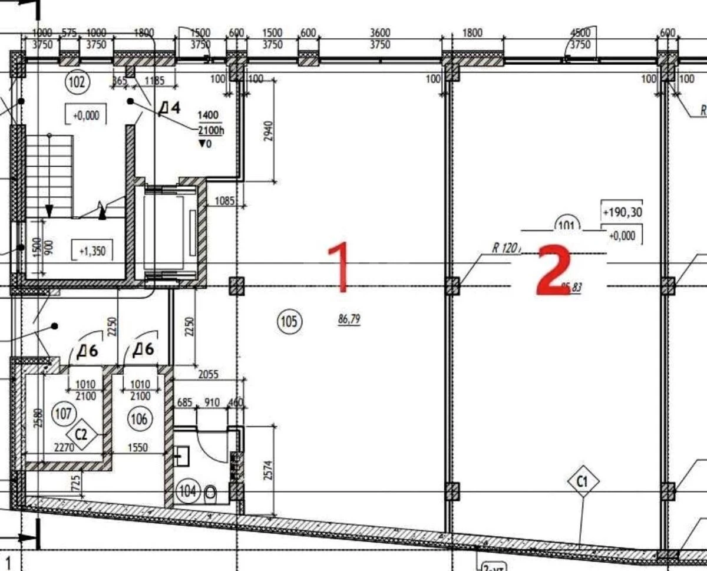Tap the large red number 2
(x=553, y=270)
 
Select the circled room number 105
(x=289, y=321)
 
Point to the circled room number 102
(x=77, y=82)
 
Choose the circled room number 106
(x=139, y=418)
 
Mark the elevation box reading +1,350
(x=91, y=250)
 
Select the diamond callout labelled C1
(x=583, y=482)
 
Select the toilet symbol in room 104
(x=209, y=493)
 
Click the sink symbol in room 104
(x=181, y=454)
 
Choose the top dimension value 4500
(x=581, y=33)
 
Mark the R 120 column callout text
(x=505, y=248)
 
